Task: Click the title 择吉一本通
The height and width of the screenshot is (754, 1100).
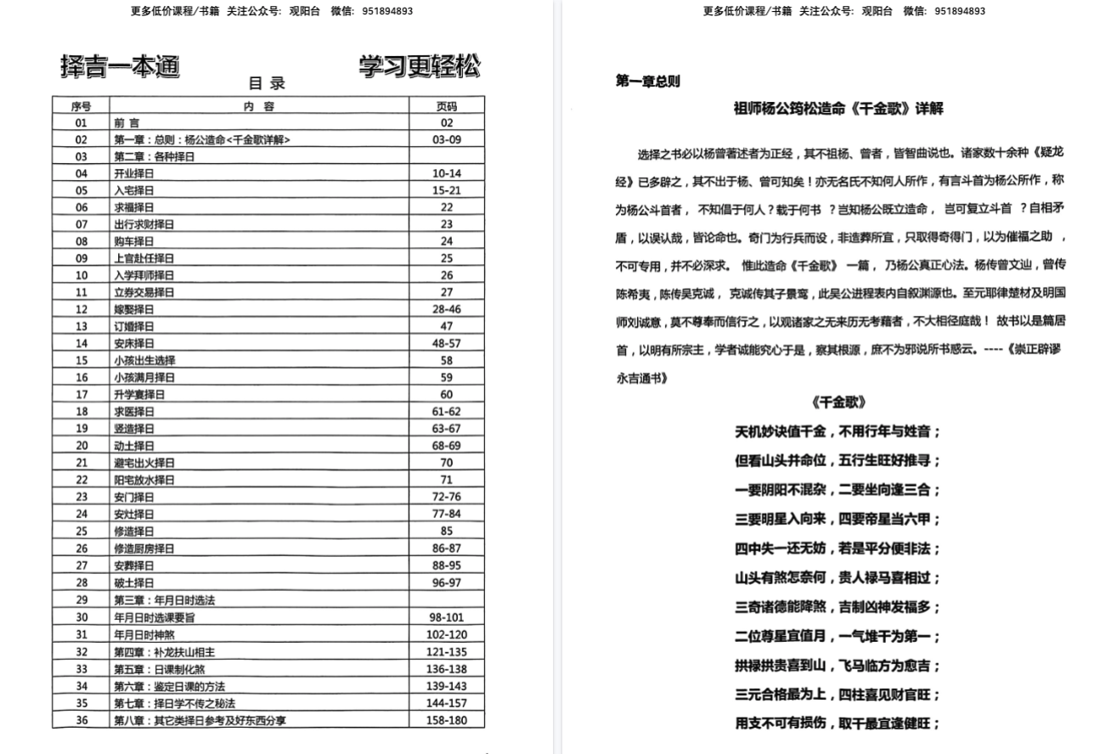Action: click(x=120, y=67)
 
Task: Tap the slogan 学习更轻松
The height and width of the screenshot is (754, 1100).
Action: click(x=419, y=66)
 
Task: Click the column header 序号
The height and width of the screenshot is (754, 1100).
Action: click(x=82, y=106)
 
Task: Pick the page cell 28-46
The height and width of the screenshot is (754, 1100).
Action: click(x=447, y=309)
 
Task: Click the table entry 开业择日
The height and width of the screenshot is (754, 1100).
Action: click(x=134, y=173)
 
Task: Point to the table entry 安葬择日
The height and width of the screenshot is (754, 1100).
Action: click(x=134, y=565)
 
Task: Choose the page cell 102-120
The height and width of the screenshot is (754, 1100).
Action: click(x=447, y=634)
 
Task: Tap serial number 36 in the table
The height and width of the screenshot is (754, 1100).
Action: click(x=82, y=721)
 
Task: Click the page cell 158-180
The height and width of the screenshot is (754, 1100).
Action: click(x=447, y=721)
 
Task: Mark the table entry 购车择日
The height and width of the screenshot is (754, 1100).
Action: click(x=134, y=241)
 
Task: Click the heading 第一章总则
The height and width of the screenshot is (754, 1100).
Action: click(x=647, y=82)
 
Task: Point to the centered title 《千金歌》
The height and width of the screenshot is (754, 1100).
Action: click(x=838, y=402)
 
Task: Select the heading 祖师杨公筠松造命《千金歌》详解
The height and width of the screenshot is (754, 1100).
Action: click(x=838, y=109)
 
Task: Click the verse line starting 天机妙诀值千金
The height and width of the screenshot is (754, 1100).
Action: click(x=838, y=432)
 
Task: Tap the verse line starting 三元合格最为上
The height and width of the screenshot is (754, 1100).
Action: click(x=838, y=695)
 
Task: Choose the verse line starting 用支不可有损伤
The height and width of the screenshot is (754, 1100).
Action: click(x=838, y=723)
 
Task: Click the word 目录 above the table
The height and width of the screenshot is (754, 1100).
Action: click(x=267, y=83)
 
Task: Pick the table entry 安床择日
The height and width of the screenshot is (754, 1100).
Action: click(x=134, y=343)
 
